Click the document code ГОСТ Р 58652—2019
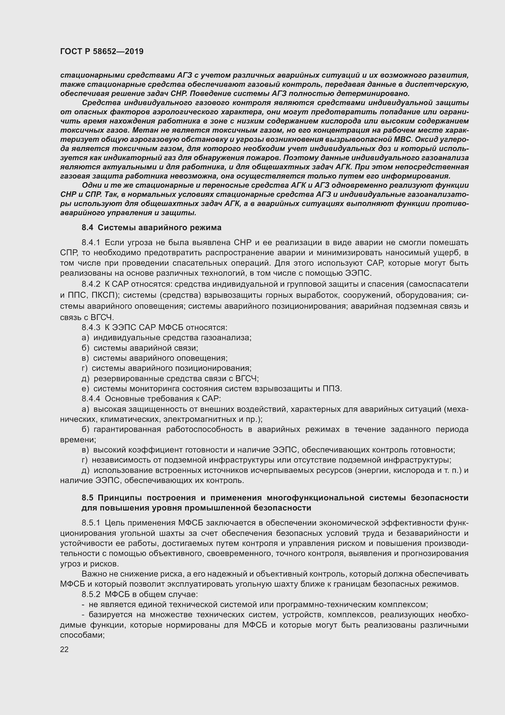(102, 51)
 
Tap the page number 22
(64, 649)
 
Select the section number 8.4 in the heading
(87, 228)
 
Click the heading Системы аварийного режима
(159, 228)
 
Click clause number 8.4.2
(91, 284)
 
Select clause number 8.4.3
(91, 328)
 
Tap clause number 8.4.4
(91, 399)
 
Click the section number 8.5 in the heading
(87, 498)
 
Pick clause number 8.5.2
(91, 595)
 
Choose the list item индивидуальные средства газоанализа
(172, 337)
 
